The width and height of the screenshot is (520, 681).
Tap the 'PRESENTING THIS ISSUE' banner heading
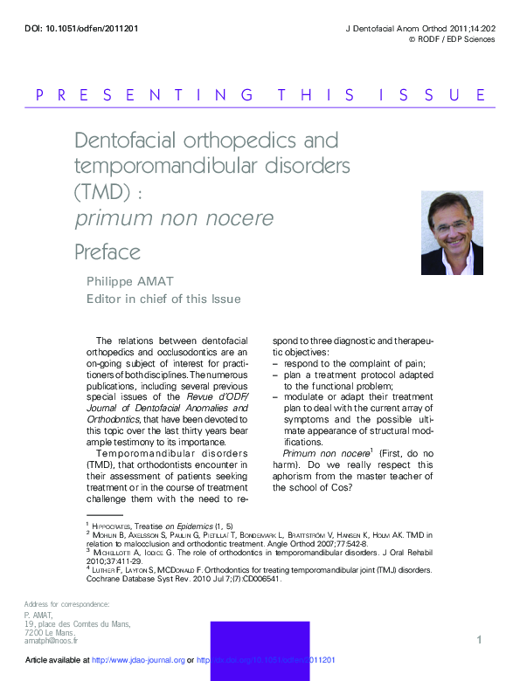[x=260, y=95]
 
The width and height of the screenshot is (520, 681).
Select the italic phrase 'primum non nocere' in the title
[x=175, y=217]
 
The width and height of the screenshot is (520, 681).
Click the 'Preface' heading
[x=107, y=253]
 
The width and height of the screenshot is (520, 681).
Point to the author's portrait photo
[x=452, y=233]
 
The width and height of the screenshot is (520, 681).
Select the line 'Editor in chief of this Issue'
[x=163, y=299]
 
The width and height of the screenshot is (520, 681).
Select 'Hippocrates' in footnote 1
[x=116, y=526]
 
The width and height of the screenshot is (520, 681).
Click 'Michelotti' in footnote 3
[x=120, y=552]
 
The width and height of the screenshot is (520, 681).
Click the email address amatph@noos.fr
[x=52, y=640]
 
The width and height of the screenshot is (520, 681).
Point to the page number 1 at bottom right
[x=479, y=641]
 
